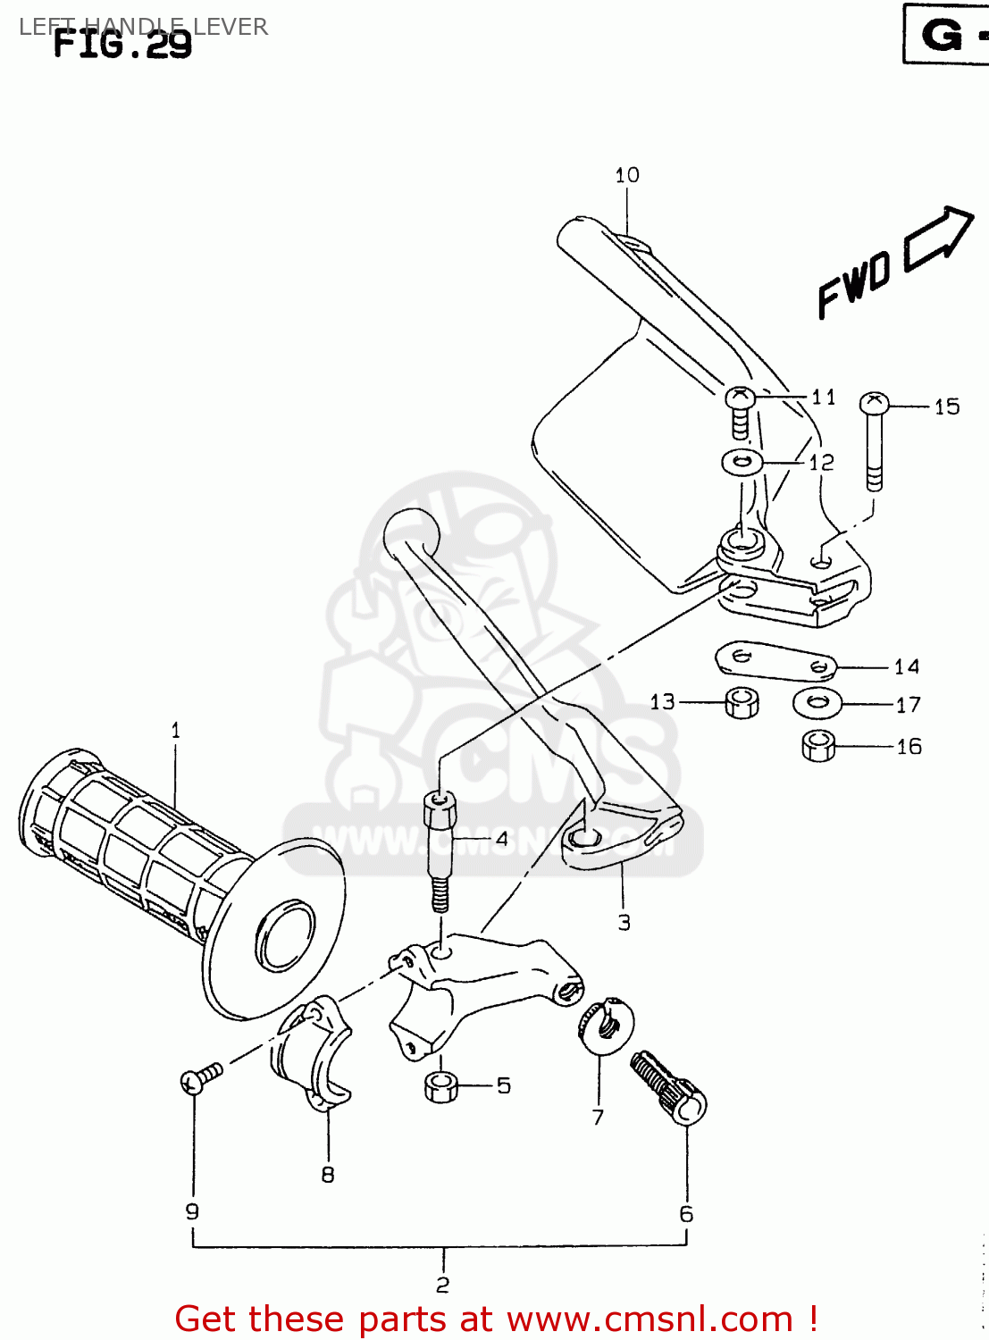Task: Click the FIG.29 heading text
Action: pyautogui.click(x=122, y=43)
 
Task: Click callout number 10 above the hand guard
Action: pyautogui.click(x=627, y=175)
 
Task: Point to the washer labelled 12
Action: pyautogui.click(x=742, y=463)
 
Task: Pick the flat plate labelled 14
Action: pyautogui.click(x=775, y=659)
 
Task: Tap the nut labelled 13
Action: pyautogui.click(x=741, y=702)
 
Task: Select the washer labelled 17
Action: pyautogui.click(x=817, y=703)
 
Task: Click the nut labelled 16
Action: pyautogui.click(x=818, y=745)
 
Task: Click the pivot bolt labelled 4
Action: pyautogui.click(x=439, y=849)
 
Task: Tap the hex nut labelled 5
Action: pyautogui.click(x=440, y=1087)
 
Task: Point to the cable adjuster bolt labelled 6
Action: pyautogui.click(x=668, y=1086)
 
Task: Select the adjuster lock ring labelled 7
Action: pyautogui.click(x=608, y=1025)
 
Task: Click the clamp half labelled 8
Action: pyautogui.click(x=312, y=1054)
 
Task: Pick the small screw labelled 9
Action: pyautogui.click(x=201, y=1078)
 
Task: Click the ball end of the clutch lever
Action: pyautogui.click(x=412, y=532)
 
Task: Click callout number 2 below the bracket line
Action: pyautogui.click(x=443, y=1285)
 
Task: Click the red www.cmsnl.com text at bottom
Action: pyautogui.click(x=650, y=1319)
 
